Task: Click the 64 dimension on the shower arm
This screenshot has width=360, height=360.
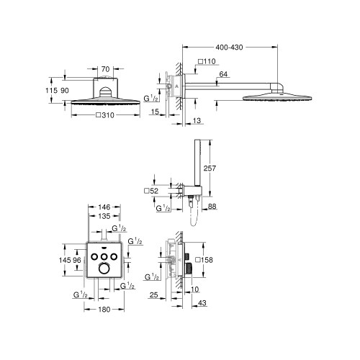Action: click(x=204, y=74)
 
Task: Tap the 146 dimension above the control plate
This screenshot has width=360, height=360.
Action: click(x=104, y=205)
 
